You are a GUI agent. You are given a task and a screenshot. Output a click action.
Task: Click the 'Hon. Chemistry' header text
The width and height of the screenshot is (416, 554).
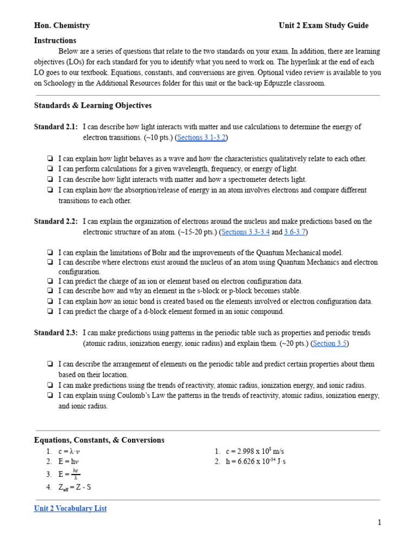pyautogui.click(x=62, y=25)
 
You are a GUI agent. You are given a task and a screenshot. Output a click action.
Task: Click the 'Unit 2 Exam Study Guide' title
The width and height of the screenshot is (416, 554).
pyautogui.click(x=323, y=25)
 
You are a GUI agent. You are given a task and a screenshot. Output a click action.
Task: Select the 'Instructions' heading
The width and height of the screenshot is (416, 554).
pyautogui.click(x=55, y=41)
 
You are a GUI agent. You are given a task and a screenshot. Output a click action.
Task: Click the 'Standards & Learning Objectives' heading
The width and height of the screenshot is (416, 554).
pyautogui.click(x=93, y=105)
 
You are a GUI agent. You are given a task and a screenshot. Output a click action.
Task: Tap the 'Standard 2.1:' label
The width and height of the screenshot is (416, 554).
pyautogui.click(x=56, y=127)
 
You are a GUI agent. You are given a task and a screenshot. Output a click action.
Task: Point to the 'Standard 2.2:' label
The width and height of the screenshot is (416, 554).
pyautogui.click(x=56, y=222)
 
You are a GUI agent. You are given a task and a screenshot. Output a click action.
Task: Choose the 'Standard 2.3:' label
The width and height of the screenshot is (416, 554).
pyautogui.click(x=56, y=333)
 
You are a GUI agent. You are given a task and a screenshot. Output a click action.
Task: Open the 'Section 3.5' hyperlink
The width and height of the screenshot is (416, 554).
pyautogui.click(x=330, y=343)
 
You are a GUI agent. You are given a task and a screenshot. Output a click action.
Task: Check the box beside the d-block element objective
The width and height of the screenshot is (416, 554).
pyautogui.click(x=50, y=312)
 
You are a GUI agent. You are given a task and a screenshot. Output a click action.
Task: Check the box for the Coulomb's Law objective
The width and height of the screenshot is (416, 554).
pyautogui.click(x=50, y=396)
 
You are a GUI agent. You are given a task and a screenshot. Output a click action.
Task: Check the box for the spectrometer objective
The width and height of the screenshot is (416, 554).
pyautogui.click(x=50, y=180)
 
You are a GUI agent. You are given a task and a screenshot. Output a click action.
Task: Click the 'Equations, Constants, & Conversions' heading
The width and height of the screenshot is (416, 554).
pyautogui.click(x=99, y=440)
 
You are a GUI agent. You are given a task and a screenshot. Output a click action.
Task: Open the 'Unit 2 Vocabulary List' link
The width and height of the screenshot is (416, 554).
pyautogui.click(x=70, y=508)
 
